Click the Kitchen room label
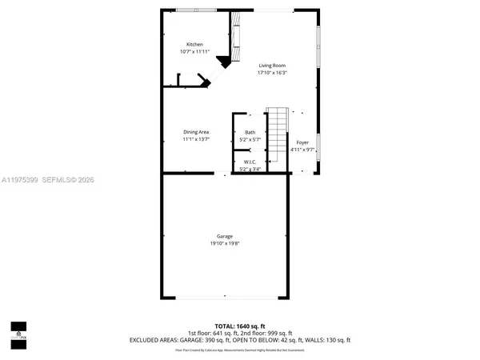(194, 44)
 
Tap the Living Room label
(272, 66)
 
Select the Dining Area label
(196, 132)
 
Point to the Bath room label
(250, 132)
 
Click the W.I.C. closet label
(250, 162)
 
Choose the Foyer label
(302, 142)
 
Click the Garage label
(224, 236)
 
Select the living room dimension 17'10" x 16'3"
(272, 73)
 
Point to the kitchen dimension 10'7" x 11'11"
(194, 51)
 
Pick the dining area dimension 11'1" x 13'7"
(196, 139)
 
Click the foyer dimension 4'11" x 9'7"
(302, 150)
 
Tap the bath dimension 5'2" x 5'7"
(250, 139)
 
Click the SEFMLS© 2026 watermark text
(68, 180)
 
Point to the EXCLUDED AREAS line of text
(239, 339)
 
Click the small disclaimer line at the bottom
(239, 348)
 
